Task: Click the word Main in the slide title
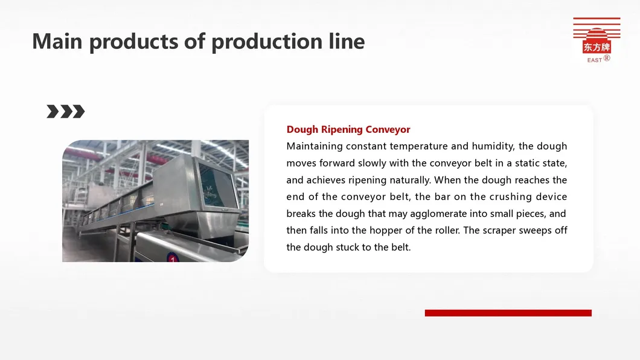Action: coord(57,41)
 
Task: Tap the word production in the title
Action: coord(267,42)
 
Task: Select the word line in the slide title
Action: coord(347,41)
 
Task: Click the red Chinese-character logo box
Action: coord(597,47)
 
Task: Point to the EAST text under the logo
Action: coord(594,60)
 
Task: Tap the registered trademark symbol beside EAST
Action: coord(607,58)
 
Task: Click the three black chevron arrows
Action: coord(66,111)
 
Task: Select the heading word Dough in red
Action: coord(302,129)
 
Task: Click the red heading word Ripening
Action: coord(342,130)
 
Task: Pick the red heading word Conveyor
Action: coord(388,129)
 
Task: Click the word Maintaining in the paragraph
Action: coord(315,146)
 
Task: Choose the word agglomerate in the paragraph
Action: coord(438,214)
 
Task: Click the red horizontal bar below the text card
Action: coord(508,313)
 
